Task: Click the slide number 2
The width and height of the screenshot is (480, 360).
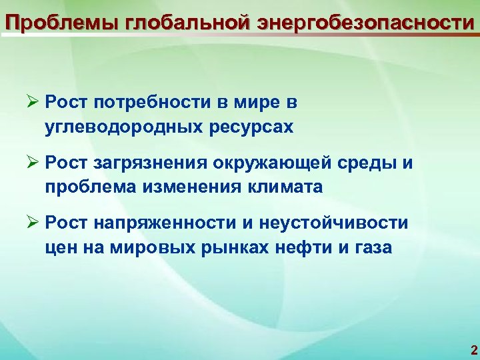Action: (x=473, y=350)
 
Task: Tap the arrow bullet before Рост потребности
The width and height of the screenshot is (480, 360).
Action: (x=33, y=103)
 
